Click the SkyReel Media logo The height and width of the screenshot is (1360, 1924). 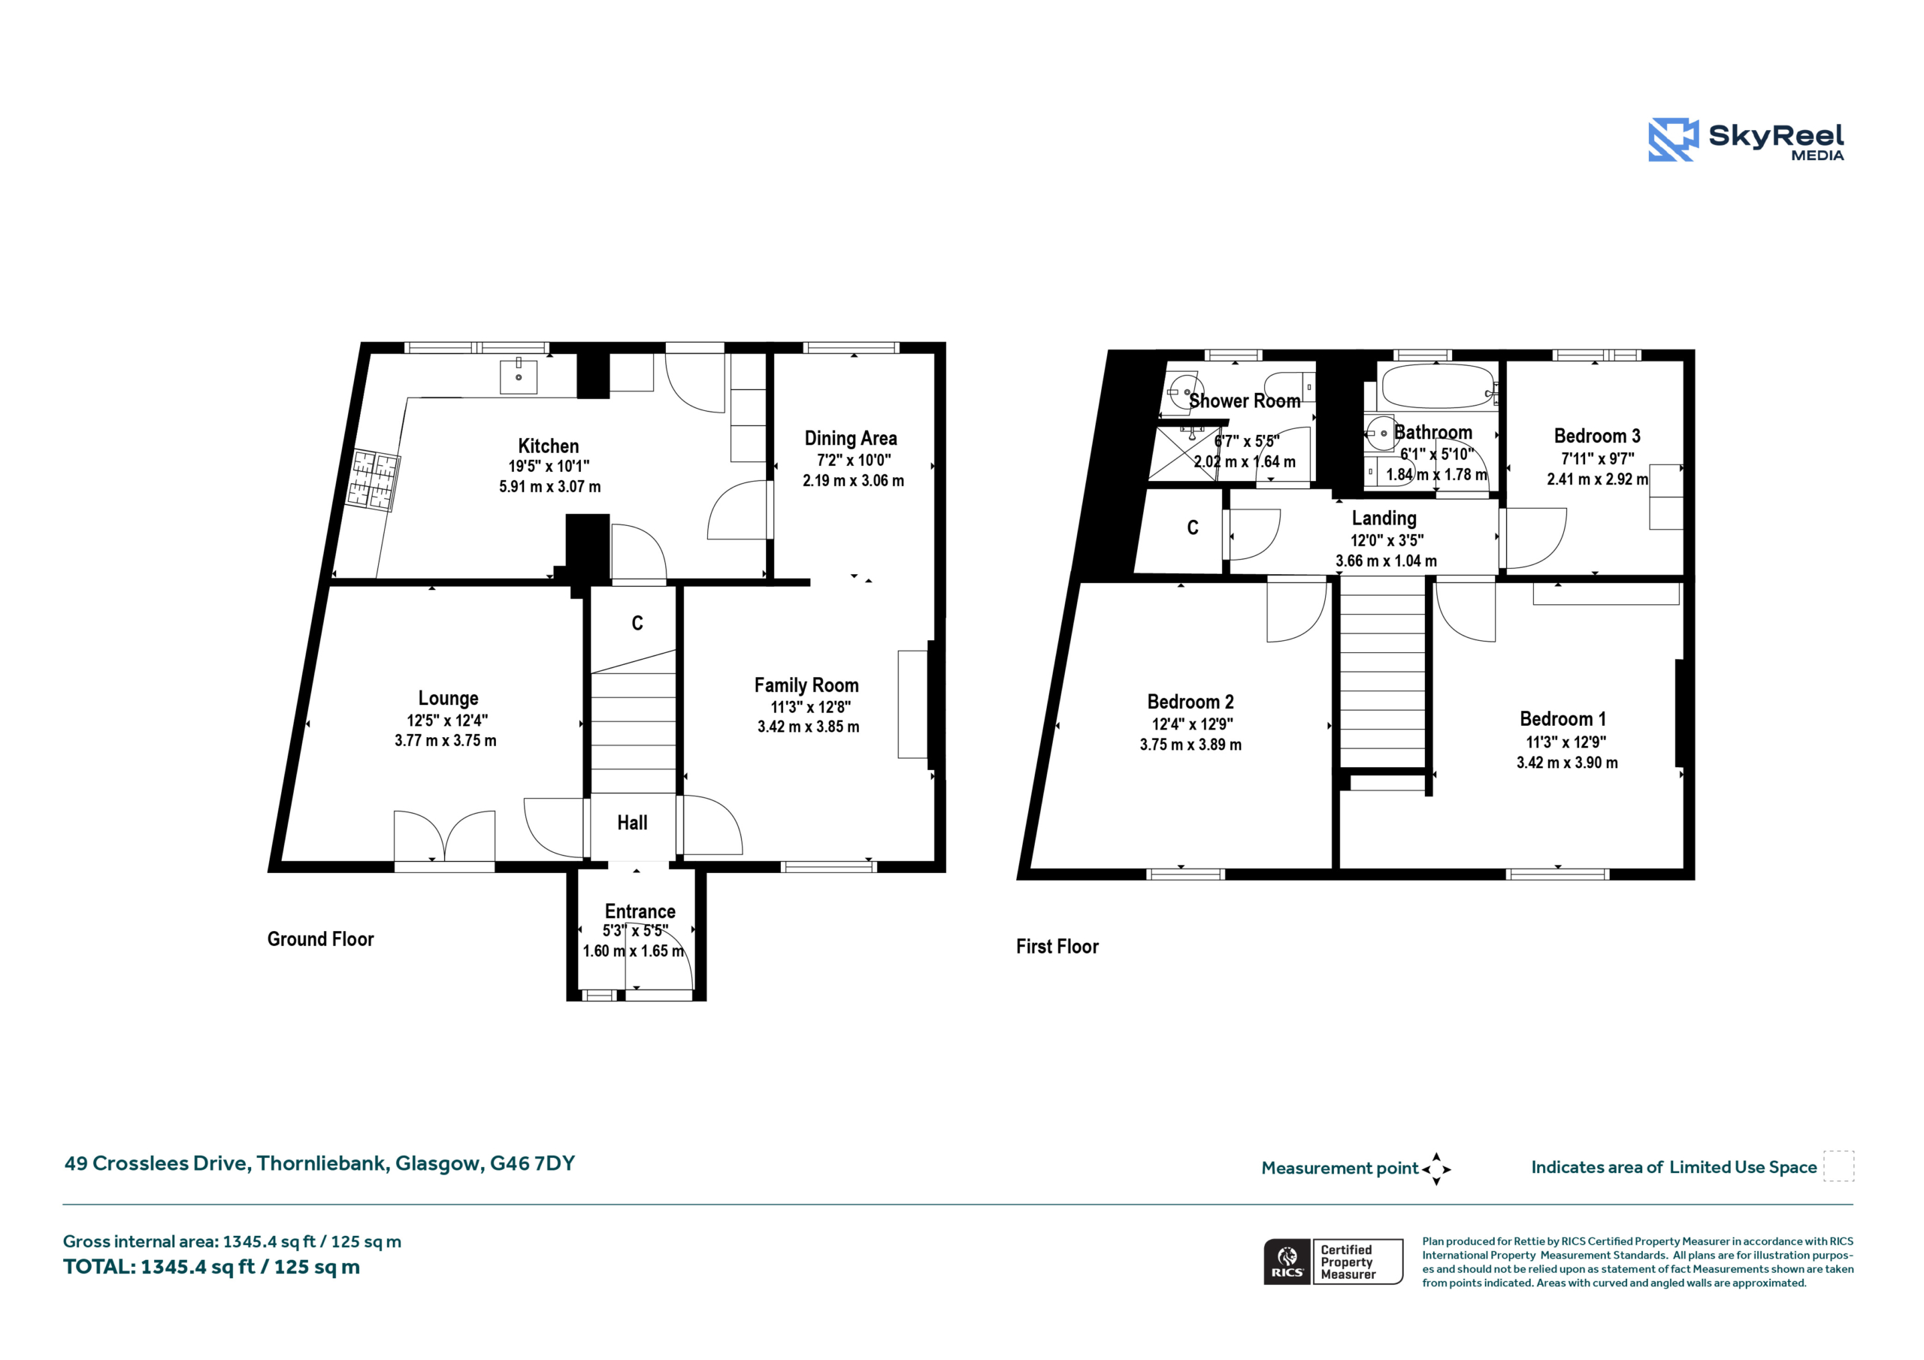pos(1746,139)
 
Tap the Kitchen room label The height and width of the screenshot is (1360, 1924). pos(548,446)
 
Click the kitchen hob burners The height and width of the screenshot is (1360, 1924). pos(374,480)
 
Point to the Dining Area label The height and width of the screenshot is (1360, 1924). pos(851,438)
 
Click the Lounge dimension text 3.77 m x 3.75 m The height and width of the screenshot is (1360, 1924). pos(445,741)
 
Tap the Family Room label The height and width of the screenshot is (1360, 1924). pos(806,685)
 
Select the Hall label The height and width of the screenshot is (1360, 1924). pos(633,823)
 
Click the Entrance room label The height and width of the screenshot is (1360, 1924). pos(640,911)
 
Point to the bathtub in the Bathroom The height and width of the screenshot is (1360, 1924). pos(1438,386)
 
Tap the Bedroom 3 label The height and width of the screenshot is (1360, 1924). pos(1596,436)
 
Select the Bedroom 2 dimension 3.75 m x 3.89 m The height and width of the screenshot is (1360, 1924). pos(1190,745)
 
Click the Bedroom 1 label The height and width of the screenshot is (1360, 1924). pos(1562,719)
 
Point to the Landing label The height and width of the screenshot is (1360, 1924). pos(1384,518)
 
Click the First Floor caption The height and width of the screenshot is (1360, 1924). pos(1057,947)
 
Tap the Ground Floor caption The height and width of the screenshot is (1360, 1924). pos(320,939)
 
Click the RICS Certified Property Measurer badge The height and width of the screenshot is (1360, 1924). pos(1333,1262)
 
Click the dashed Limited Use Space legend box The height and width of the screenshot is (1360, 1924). pos(1838,1166)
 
